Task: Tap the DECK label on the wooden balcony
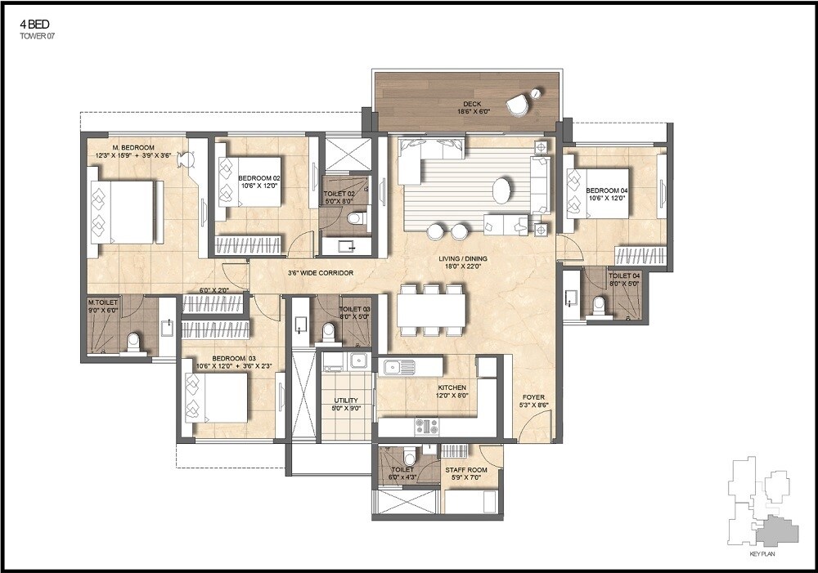coord(471,104)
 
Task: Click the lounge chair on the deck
coord(518,105)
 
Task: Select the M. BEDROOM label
coord(133,148)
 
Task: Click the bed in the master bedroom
coord(123,212)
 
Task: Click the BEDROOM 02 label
coord(259,177)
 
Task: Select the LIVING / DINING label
coord(464,260)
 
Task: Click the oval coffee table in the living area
coord(501,190)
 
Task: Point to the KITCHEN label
coord(452,387)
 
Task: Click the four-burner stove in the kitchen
coord(426,426)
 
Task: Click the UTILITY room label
coord(347,401)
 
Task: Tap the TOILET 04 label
coord(624,277)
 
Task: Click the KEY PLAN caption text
coord(762,554)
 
